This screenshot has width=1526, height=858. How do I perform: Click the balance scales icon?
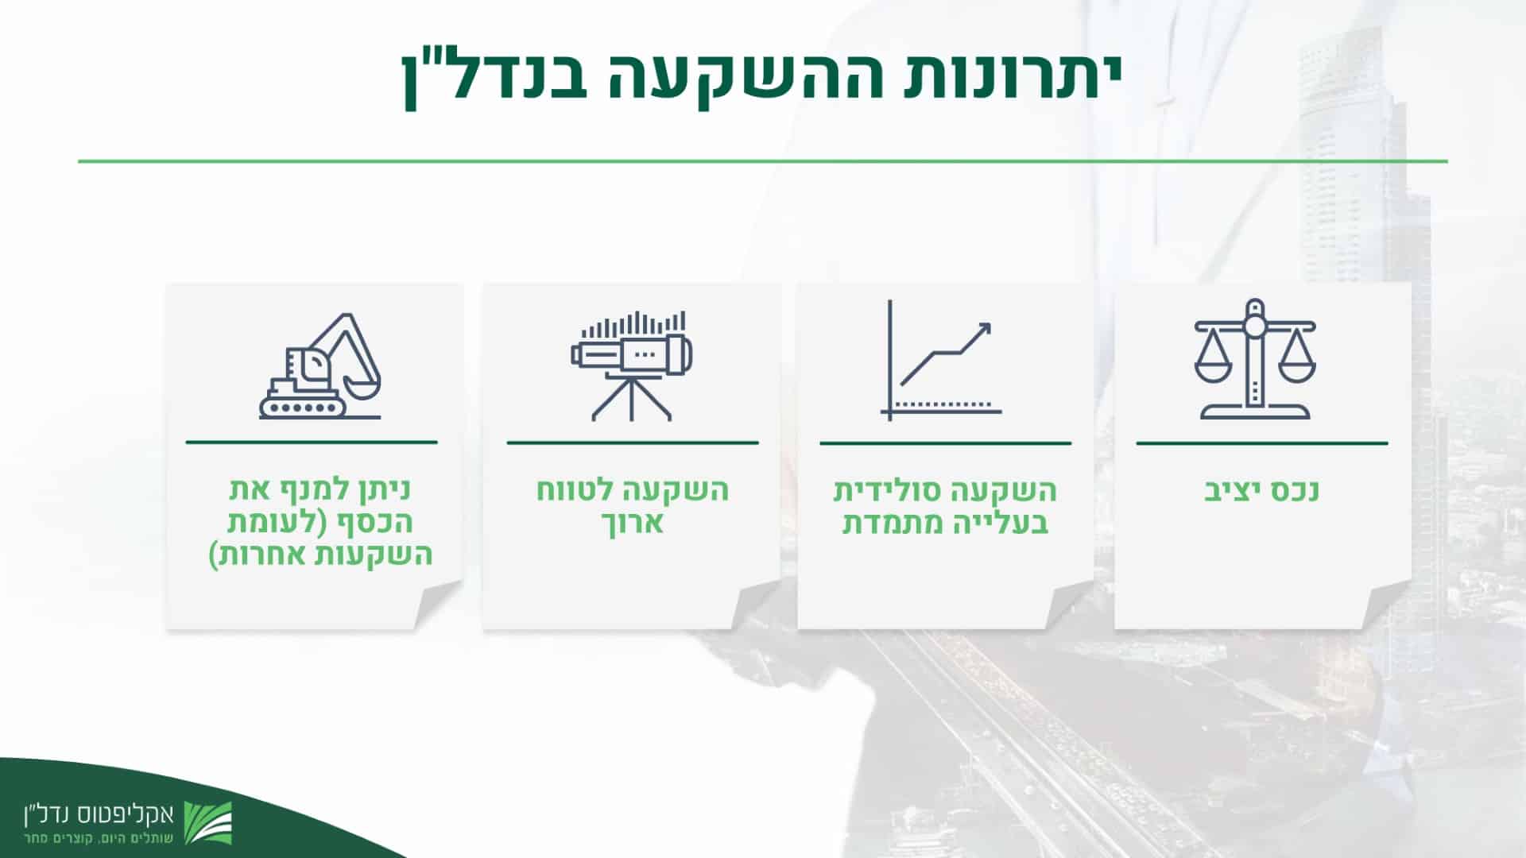(x=1255, y=359)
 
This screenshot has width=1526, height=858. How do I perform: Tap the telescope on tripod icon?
(x=632, y=365)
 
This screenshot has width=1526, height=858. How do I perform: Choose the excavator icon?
(x=320, y=365)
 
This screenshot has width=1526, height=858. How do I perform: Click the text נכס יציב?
(x=1261, y=490)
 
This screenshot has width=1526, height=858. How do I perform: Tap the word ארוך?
(x=632, y=524)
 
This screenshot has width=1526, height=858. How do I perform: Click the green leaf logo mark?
(x=208, y=823)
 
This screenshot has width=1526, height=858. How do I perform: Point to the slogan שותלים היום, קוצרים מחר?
(x=99, y=839)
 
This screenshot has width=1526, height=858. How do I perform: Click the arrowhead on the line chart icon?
(x=983, y=330)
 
